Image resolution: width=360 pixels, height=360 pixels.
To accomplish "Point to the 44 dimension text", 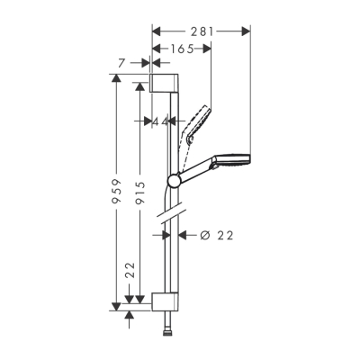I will [162, 121].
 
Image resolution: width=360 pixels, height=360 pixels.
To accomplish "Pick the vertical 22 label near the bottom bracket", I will [130, 270].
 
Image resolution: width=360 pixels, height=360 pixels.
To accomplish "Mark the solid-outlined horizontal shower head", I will [229, 163].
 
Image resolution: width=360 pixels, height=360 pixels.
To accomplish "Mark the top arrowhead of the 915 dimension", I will [139, 86].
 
